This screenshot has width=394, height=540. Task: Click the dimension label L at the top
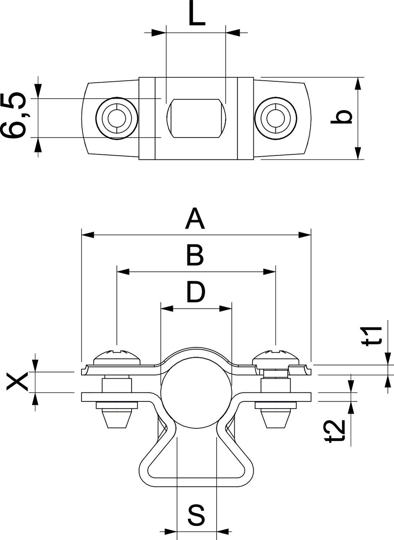click(x=196, y=15)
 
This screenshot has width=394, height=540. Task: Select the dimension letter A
click(x=195, y=219)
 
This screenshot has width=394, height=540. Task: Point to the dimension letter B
click(x=195, y=255)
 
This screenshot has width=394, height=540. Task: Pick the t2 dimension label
click(x=336, y=430)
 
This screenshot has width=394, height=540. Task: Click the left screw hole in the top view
click(x=117, y=118)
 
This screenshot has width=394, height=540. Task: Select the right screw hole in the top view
click(x=275, y=118)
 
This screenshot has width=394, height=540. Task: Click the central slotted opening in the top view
click(x=196, y=118)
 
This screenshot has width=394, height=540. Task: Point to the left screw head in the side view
click(x=116, y=357)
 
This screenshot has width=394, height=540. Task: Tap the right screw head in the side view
click(x=275, y=357)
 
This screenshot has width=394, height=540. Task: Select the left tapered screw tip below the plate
click(x=117, y=419)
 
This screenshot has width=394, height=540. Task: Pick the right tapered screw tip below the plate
click(x=275, y=419)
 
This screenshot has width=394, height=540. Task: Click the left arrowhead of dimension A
click(x=88, y=235)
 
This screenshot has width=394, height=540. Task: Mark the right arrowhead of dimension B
click(x=270, y=271)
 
